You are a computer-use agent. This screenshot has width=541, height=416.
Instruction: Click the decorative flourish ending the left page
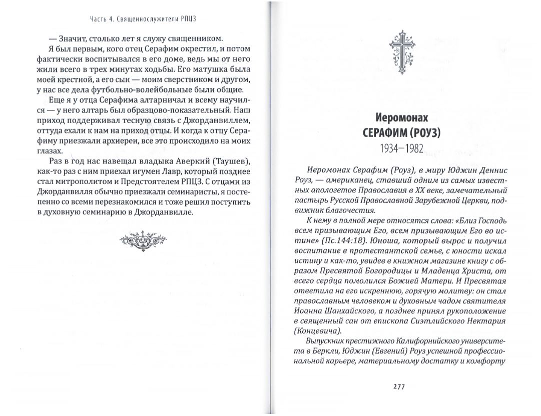pos(142,240)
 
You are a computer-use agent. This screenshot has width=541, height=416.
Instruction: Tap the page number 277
pos(399,386)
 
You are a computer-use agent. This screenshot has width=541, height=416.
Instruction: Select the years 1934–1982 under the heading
pos(402,148)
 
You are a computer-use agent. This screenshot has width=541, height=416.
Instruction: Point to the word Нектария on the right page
pos(489,320)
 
